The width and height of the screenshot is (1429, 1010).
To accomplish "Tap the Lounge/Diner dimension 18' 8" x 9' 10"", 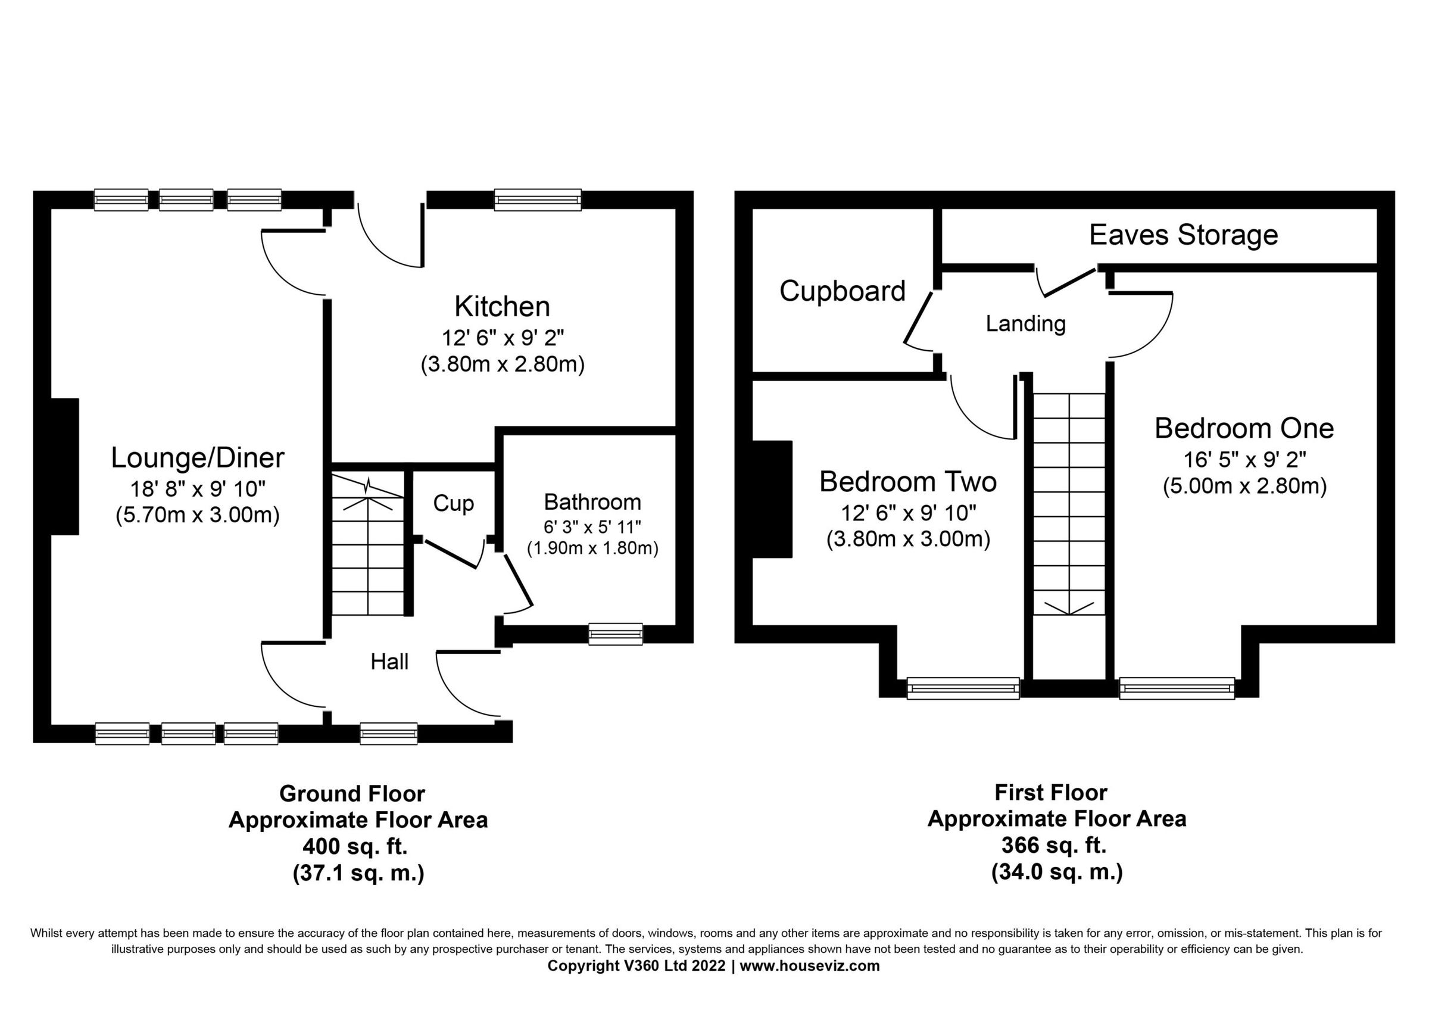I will [x=197, y=489].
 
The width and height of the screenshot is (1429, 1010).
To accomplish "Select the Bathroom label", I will [x=592, y=501].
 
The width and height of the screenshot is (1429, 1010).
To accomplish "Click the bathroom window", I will [x=615, y=634].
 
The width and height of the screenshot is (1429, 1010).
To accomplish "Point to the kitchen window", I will [x=538, y=200].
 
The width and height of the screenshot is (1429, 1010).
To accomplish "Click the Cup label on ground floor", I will [x=453, y=503].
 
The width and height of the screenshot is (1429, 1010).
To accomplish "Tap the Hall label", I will [x=389, y=662].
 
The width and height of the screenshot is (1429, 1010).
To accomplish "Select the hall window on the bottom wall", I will [x=388, y=733].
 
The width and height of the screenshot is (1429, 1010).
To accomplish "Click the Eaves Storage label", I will [x=1183, y=235].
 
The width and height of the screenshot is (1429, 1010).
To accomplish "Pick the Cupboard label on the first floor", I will [x=842, y=291].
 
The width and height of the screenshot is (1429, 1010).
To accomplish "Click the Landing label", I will [x=1025, y=323].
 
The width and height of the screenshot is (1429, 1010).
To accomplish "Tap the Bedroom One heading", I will [x=1244, y=429].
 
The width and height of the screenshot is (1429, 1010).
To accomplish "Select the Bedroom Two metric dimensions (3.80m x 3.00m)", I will [x=908, y=539].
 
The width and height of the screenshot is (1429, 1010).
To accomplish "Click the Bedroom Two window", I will [x=963, y=688].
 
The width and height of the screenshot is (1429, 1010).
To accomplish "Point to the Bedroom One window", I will [x=1177, y=688].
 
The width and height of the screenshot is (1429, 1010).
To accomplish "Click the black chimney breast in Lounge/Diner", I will [x=65, y=466].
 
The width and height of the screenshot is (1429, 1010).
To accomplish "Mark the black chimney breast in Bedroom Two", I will [x=772, y=498].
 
